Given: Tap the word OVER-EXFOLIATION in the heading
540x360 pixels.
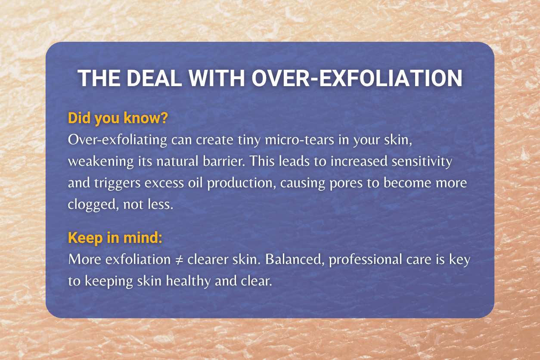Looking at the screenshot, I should pyautogui.click(x=357, y=78).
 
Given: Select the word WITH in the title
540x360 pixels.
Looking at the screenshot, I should pyautogui.click(x=217, y=78).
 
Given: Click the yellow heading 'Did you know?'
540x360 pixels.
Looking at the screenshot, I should pyautogui.click(x=118, y=118).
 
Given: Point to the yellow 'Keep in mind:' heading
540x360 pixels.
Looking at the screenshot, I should pyautogui.click(x=115, y=238).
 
